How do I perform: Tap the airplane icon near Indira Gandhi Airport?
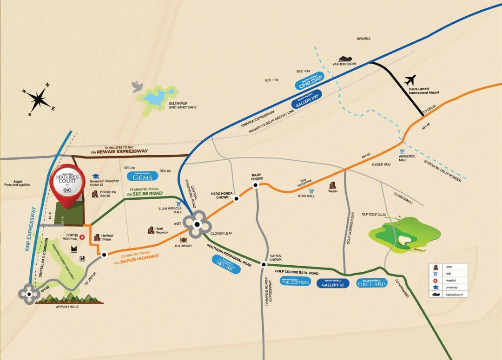[410, 80]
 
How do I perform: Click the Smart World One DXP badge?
[309, 83]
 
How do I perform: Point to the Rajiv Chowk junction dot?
[255, 185]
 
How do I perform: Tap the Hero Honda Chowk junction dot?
[237, 199]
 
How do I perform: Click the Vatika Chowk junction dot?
[264, 265]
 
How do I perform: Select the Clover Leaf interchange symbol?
[197, 224]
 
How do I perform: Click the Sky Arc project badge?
[226, 264]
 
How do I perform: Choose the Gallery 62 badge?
[333, 283]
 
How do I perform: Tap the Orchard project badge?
[372, 283]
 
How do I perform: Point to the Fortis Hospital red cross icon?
[82, 236]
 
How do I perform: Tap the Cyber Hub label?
[381, 164]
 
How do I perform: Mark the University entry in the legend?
[449, 288]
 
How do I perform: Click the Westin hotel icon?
[332, 184]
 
